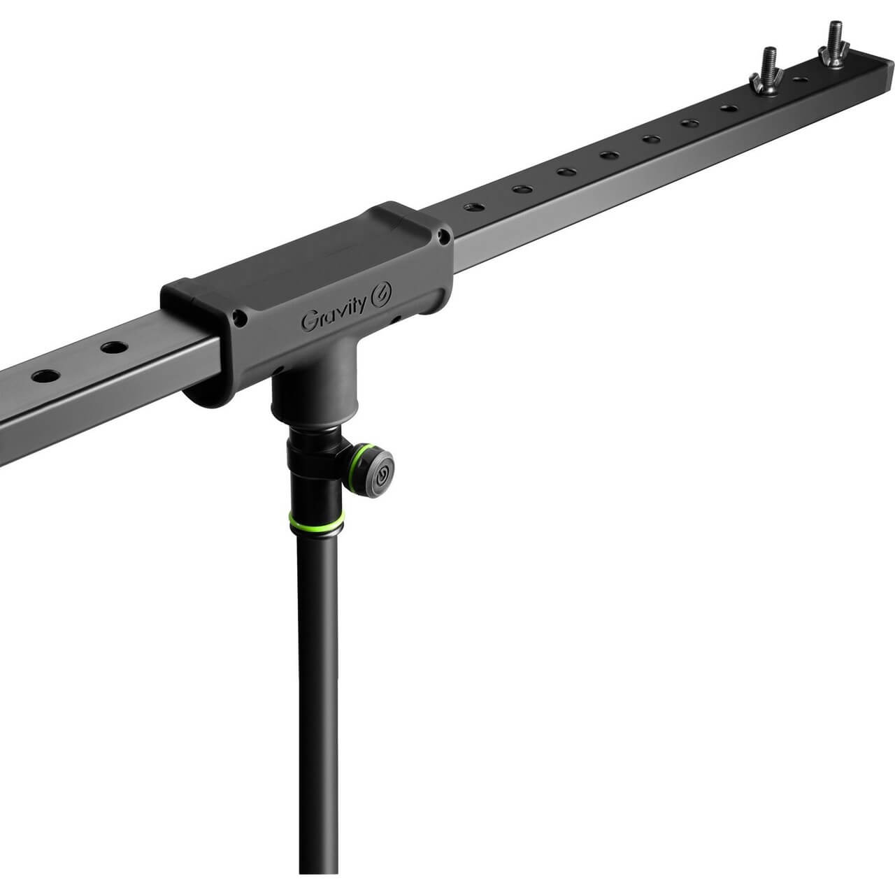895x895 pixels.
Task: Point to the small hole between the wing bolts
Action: click(x=800, y=80)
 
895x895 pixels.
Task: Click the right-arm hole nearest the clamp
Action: click(x=474, y=207)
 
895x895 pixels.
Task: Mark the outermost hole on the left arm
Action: click(x=46, y=375)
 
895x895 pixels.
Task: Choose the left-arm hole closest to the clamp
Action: click(x=114, y=348)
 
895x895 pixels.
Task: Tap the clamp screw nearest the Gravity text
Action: click(x=240, y=318)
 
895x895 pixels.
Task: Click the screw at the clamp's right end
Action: click(x=444, y=238)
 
